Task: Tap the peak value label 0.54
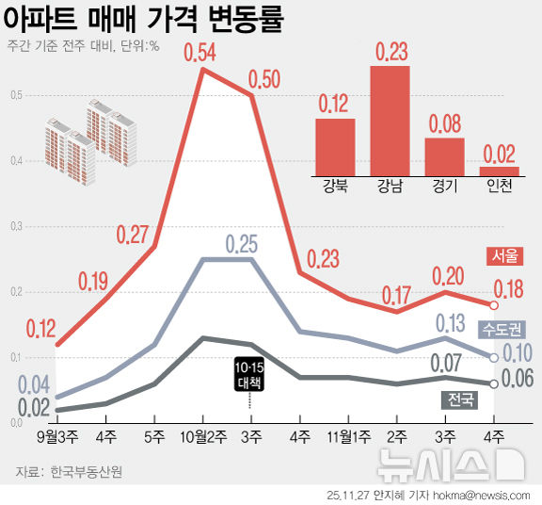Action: (x=201, y=53)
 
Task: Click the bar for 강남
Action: (x=390, y=120)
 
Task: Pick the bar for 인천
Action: (x=499, y=171)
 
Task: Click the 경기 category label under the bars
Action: (x=444, y=187)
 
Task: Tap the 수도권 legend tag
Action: (x=502, y=330)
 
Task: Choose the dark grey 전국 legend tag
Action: (x=460, y=399)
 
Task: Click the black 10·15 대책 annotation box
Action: (x=249, y=374)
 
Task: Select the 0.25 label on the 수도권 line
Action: (x=242, y=245)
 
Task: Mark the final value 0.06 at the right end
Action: (x=518, y=380)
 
